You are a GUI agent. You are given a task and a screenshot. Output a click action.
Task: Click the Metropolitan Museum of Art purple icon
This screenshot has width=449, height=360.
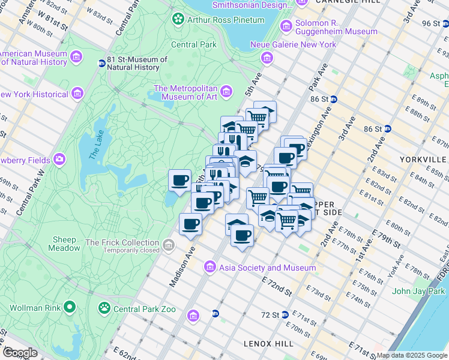tap(226, 91)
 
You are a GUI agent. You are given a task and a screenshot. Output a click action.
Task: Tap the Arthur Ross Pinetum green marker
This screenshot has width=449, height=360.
tap(178, 20)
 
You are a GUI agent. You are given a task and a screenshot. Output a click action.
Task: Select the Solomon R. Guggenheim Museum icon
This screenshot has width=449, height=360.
tap(286, 26)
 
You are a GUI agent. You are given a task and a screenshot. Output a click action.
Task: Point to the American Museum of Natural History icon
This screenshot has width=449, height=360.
tap(76, 57)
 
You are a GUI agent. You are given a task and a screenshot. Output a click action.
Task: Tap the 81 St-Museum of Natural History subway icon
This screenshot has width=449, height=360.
tap(101, 63)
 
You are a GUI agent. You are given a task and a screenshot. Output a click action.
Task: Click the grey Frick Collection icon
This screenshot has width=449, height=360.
tap(169, 246)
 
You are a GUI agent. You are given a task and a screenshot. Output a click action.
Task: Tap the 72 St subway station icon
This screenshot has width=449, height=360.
tap(286, 315)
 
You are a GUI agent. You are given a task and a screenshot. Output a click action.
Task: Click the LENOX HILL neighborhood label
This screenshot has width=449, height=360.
tap(268, 343)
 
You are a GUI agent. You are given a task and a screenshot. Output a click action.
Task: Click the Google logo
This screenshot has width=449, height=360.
tap(20, 353)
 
